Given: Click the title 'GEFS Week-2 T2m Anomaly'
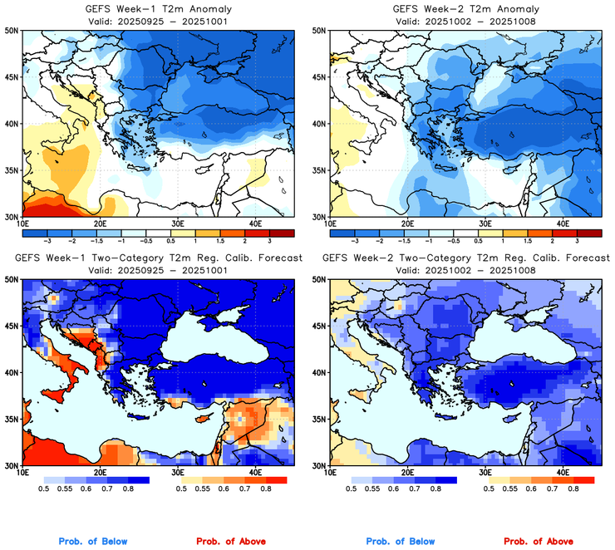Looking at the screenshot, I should (461, 9).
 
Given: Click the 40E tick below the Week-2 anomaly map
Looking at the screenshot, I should (563, 224).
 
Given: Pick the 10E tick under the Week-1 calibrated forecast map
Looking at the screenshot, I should (22, 474).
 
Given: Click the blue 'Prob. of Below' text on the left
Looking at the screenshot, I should (93, 542).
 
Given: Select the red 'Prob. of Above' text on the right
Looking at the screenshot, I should (543, 542).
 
